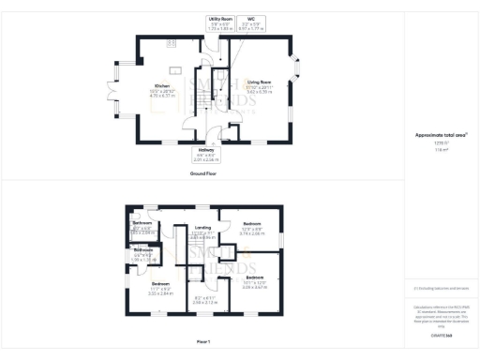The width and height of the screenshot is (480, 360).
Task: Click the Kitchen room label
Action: click(x=162, y=86)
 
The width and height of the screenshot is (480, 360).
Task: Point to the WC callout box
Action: click(x=250, y=23)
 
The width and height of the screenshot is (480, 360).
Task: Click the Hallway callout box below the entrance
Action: click(x=204, y=156)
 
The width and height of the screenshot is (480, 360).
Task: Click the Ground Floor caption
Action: click(x=204, y=173)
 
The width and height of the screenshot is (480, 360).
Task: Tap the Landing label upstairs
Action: click(x=202, y=228)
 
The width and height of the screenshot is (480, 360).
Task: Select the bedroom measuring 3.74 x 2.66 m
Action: click(x=251, y=228)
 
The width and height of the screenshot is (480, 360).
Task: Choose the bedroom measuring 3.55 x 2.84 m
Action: click(x=161, y=287)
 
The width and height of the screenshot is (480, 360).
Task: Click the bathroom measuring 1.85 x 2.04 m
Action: click(x=142, y=225)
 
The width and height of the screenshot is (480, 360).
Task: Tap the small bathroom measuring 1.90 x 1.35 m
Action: click(x=142, y=252)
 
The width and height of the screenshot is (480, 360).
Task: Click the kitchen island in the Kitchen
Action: click(x=175, y=70)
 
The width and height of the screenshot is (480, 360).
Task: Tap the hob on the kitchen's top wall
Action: click(x=172, y=43)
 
